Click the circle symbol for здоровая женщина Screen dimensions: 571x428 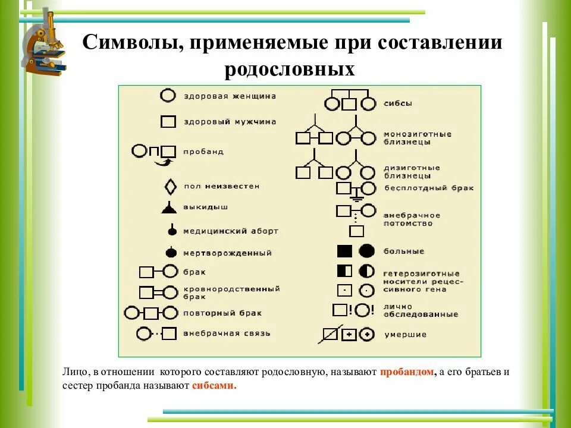[x=168, y=96]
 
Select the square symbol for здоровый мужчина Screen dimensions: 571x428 [x=168, y=122]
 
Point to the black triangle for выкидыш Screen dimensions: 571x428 [x=169, y=207]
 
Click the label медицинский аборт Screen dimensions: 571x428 [x=230, y=231]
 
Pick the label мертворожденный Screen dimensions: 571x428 [x=227, y=253]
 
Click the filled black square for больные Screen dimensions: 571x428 [x=345, y=251]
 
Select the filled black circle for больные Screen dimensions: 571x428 [x=367, y=251]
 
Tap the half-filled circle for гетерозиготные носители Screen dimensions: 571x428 [x=367, y=271]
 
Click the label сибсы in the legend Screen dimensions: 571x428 [x=398, y=103]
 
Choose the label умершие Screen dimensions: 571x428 [x=405, y=335]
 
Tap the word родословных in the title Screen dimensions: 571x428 [x=290, y=70]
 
